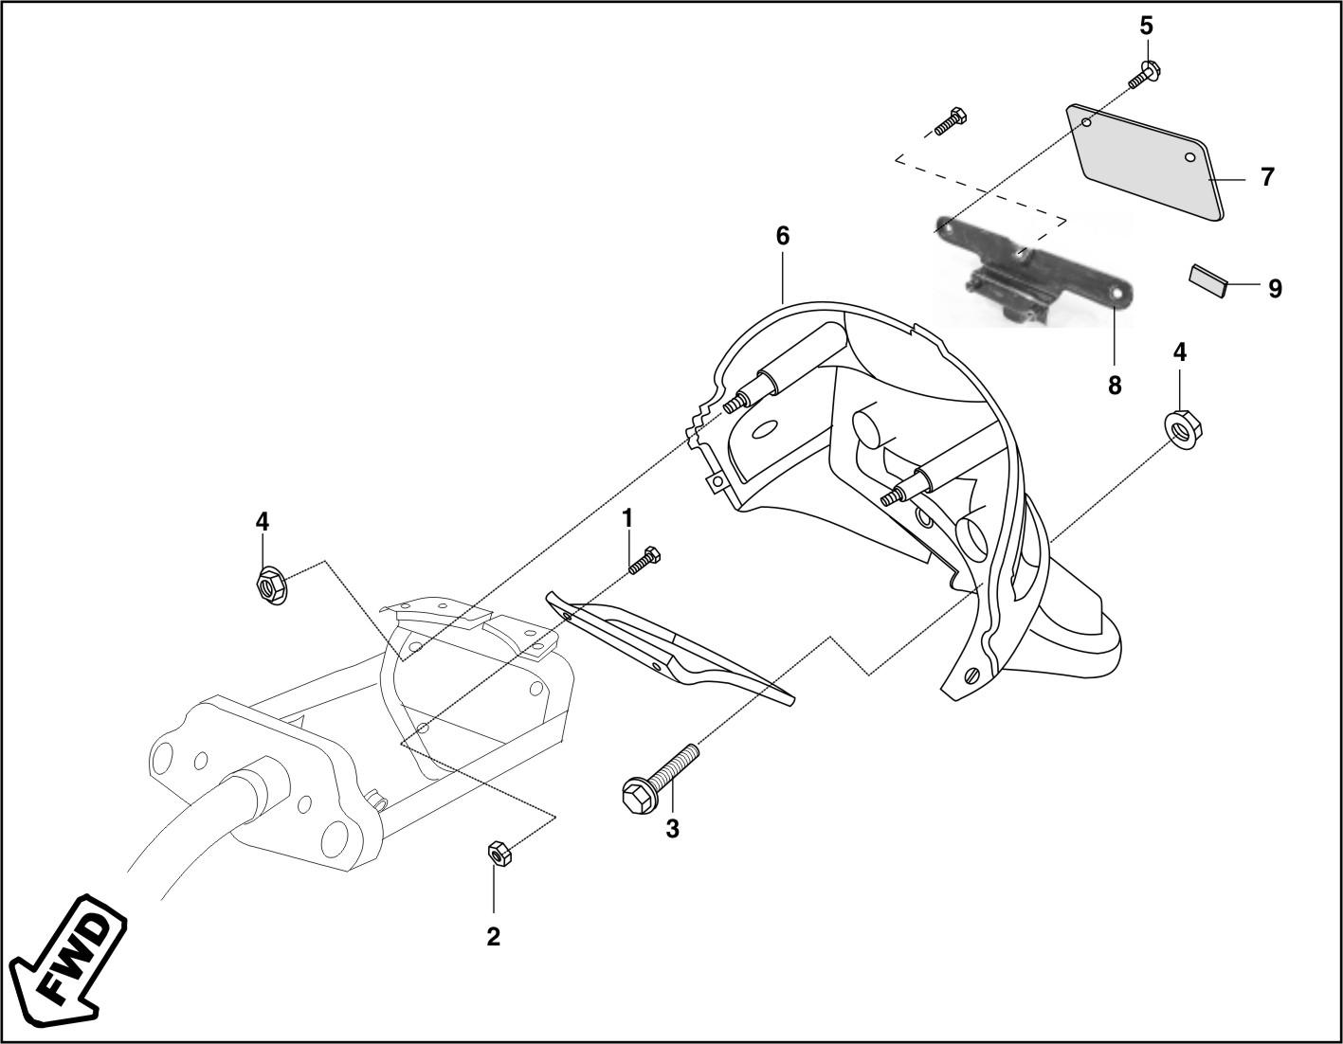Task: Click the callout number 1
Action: coord(626,518)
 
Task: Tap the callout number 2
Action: coord(493,936)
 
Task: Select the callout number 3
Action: coord(672,828)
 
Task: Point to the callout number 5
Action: coord(1146,26)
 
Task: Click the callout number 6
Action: coord(782,235)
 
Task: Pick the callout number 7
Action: coord(1267,176)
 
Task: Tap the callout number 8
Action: coord(1115,385)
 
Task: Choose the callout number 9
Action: coord(1275,288)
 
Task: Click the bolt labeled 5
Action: coord(1144,75)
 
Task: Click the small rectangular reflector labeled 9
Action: coord(1207,280)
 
